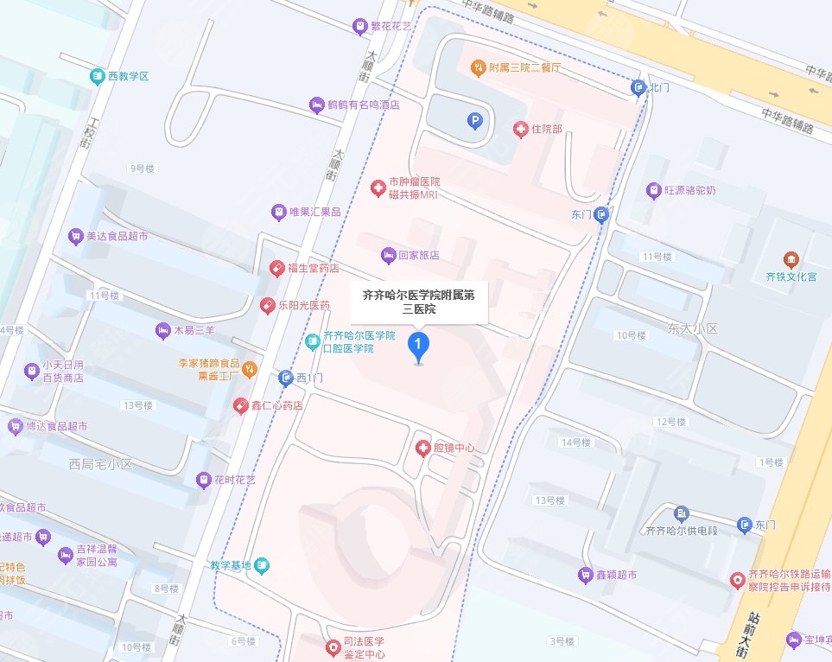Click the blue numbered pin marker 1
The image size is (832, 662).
pyautogui.click(x=419, y=347)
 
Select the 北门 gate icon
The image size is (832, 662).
pyautogui.click(x=638, y=87)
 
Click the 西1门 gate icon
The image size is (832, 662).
pyautogui.click(x=286, y=378)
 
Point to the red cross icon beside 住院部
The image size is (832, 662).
pyautogui.click(x=520, y=130)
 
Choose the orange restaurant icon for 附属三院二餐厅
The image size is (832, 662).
pyautogui.click(x=476, y=67)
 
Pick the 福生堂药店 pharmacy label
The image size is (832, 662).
pyautogui.click(x=313, y=268)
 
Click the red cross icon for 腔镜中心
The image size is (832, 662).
pyautogui.click(x=422, y=448)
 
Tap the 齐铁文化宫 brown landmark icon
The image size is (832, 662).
pyautogui.click(x=791, y=259)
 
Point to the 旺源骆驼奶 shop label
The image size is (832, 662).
pyautogui.click(x=691, y=189)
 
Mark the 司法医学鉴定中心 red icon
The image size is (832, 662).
pyautogui.click(x=333, y=646)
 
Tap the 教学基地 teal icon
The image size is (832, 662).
pyautogui.click(x=263, y=567)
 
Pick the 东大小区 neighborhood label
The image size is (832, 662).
pyautogui.click(x=693, y=329)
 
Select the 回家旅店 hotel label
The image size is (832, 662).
pyautogui.click(x=418, y=256)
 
